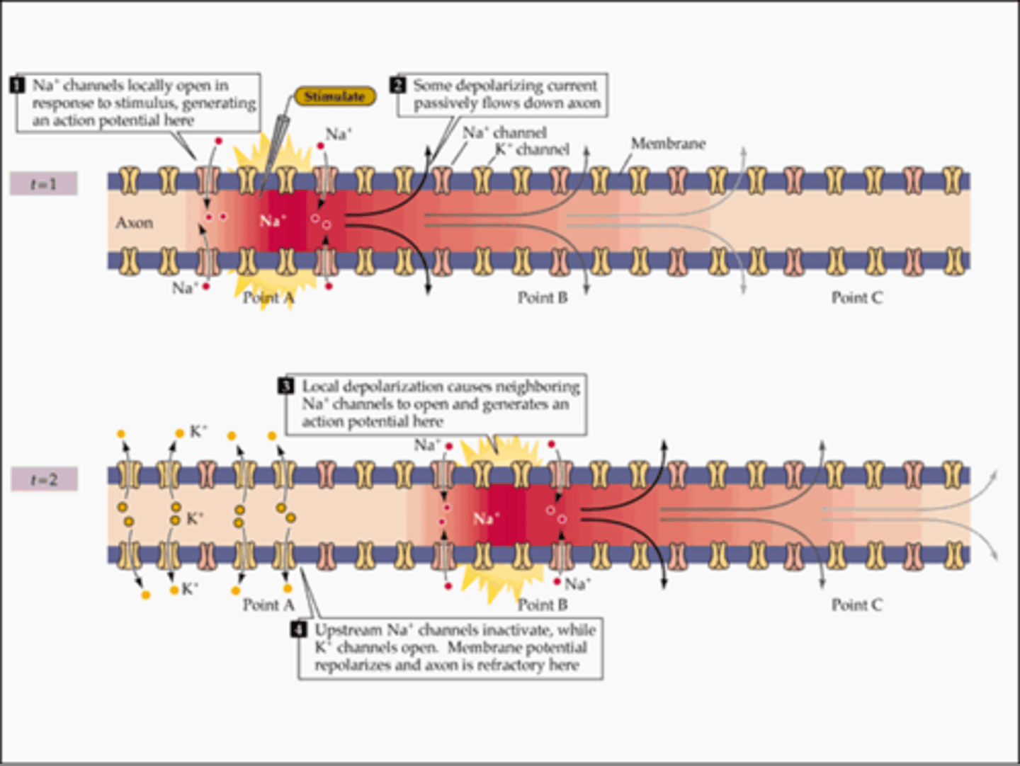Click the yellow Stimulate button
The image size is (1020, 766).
coord(334,96)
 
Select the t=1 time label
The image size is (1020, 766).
coord(43,184)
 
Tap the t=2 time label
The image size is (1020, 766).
coord(44,480)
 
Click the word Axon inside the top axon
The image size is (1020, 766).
coord(134,223)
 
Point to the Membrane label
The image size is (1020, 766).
coord(668,144)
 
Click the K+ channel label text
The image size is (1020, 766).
coord(532,149)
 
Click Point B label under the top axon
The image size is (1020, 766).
coord(542,298)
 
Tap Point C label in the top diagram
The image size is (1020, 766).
coord(856,298)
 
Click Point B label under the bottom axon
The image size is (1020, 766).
coord(542,605)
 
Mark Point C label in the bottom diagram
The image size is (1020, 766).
coord(856,605)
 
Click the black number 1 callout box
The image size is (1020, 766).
coord(18,86)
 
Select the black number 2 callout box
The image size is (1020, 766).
coord(398,86)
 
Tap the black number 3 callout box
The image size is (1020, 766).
coord(285,387)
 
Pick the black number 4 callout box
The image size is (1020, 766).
coord(300,630)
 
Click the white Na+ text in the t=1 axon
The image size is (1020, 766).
coord(273,221)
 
